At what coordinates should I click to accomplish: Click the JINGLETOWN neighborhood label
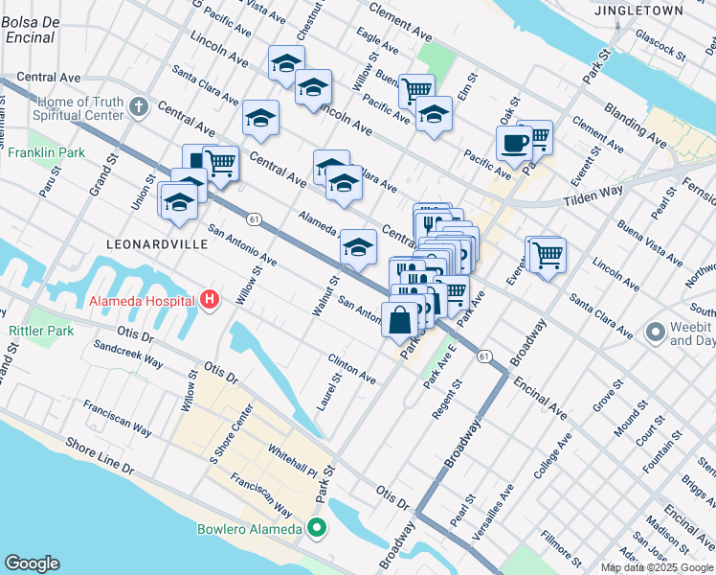coord(652,11)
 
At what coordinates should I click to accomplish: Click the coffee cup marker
coord(514,144)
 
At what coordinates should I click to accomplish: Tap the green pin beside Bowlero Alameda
coord(317,527)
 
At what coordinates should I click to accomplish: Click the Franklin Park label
coord(46,152)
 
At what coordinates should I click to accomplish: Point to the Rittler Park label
coord(41,331)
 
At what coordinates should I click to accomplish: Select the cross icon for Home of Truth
coord(139,107)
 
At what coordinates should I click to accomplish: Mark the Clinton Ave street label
coord(351,370)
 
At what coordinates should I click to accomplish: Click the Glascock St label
coord(660,51)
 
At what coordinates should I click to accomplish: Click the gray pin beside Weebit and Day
coord(656,333)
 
